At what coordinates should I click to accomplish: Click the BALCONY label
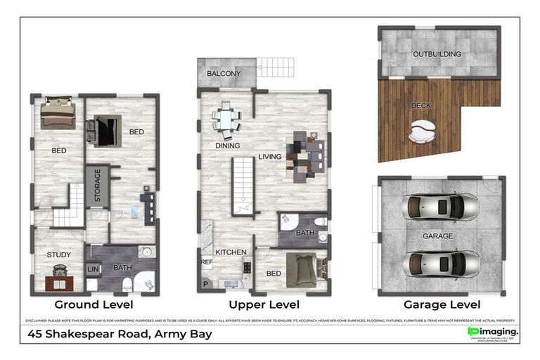coord(224,74)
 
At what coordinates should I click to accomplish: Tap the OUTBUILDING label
coord(437,54)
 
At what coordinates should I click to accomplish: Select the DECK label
coord(421,106)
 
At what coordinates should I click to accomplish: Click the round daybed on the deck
coord(422,131)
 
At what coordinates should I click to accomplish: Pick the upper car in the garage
coord(439,207)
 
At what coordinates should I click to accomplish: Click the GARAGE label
coord(437,236)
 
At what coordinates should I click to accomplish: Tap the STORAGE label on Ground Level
coord(98,186)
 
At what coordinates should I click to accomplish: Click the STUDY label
coord(59,255)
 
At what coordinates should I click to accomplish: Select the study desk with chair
coord(59,278)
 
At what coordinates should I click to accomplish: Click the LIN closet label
coord(92,269)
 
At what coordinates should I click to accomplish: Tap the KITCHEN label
coord(230,252)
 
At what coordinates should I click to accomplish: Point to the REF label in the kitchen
coord(207,262)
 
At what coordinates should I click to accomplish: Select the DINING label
coord(228,146)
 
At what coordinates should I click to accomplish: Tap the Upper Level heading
coord(264,305)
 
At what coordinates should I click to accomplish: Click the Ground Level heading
coord(94,305)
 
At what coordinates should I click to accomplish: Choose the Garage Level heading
coord(442,305)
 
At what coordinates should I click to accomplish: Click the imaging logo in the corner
coord(493,332)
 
